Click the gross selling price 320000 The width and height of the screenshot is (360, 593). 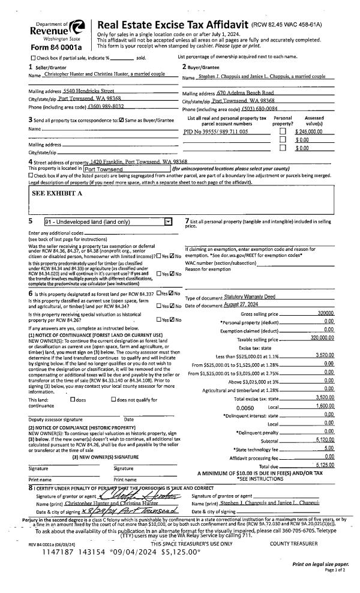pos(326,313)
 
